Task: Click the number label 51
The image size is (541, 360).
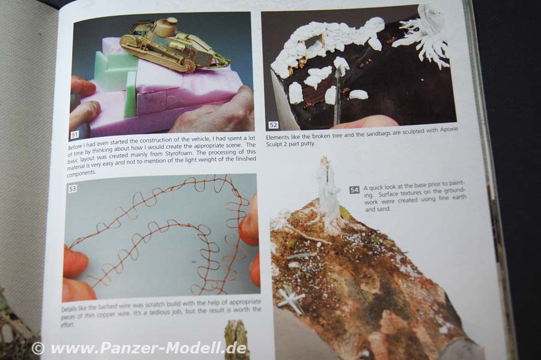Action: click(x=75, y=135)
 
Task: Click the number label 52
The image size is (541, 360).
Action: click(x=274, y=125)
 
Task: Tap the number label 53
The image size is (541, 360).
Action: click(x=73, y=189)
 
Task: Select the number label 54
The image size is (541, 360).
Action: click(x=354, y=190)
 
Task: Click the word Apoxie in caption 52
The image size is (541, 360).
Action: click(x=448, y=129)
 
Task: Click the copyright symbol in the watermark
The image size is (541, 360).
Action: click(x=38, y=348)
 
